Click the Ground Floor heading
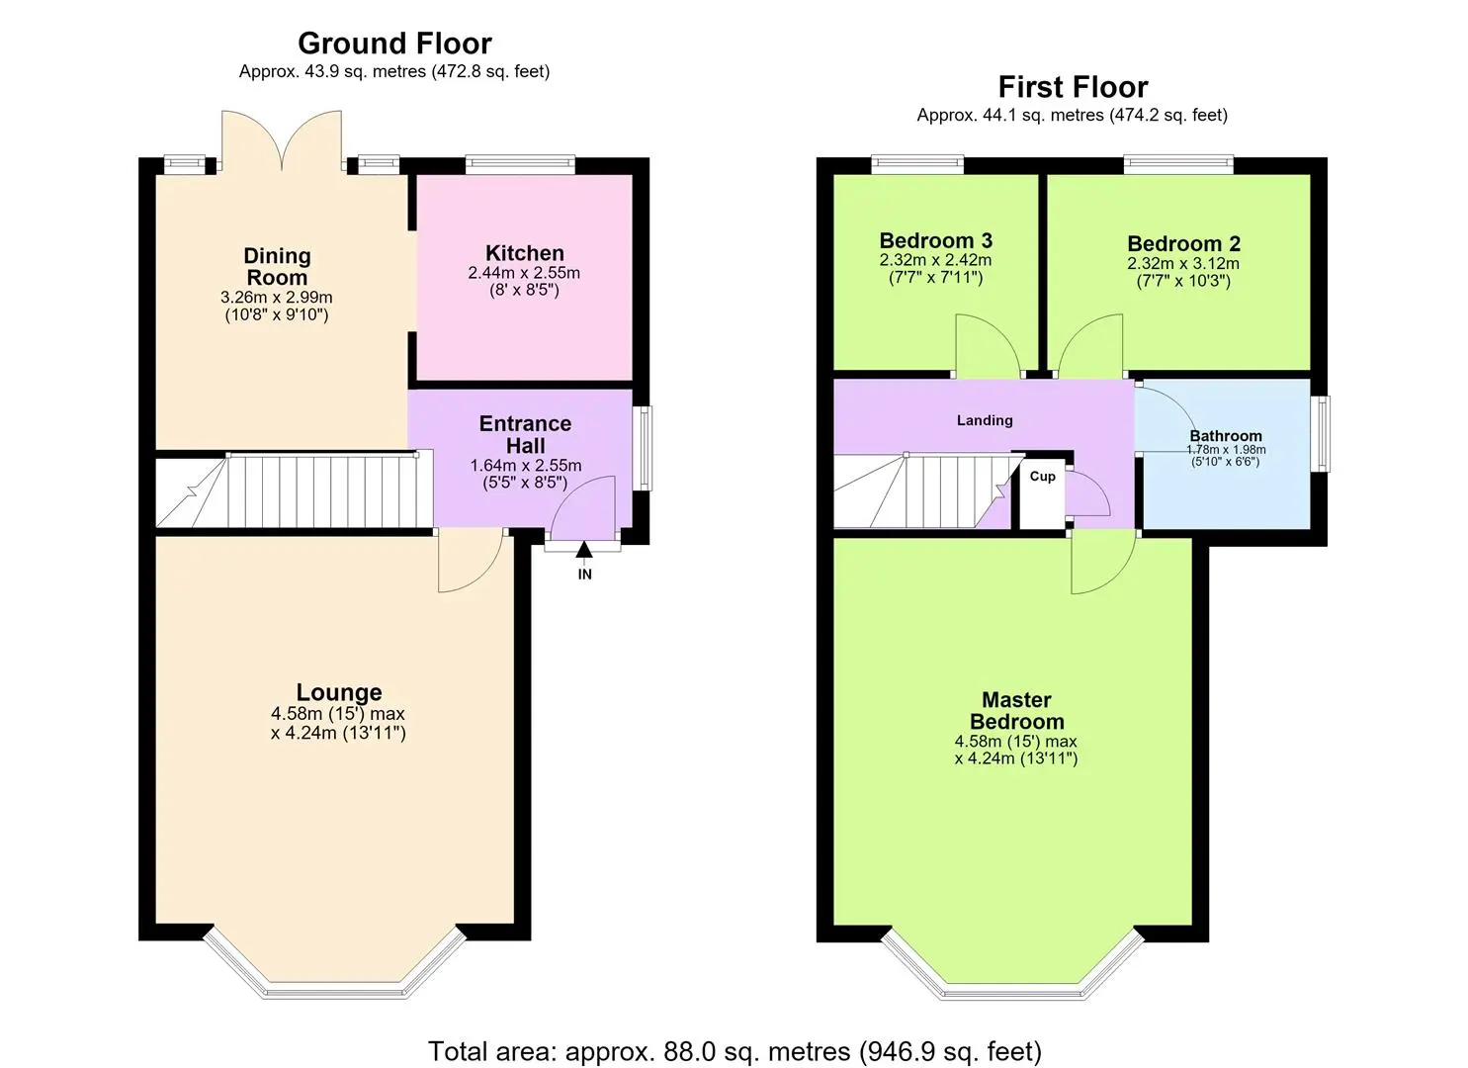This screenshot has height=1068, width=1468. (x=394, y=44)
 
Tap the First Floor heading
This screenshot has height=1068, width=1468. (x=1073, y=87)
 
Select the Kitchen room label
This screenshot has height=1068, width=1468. (x=524, y=253)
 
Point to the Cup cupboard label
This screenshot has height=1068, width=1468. (x=1042, y=477)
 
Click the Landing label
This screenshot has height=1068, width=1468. (x=985, y=420)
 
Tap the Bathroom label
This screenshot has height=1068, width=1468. (x=1226, y=436)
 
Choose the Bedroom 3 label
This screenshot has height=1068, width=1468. (x=936, y=240)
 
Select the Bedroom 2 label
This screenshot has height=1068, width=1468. (x=1183, y=244)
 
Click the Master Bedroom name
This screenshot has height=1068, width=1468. (x=1016, y=711)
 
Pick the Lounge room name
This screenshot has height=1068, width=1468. (x=339, y=692)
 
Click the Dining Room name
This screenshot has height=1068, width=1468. (x=277, y=266)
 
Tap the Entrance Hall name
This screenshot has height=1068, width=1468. (x=525, y=435)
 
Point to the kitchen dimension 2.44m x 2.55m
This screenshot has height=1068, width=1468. (x=524, y=273)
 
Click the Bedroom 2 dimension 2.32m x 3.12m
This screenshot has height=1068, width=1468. (x=1183, y=264)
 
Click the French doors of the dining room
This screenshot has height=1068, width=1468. (x=282, y=141)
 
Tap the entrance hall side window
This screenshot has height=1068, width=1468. (x=646, y=448)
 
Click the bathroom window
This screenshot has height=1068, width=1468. (x=1324, y=433)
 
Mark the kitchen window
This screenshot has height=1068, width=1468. (x=520, y=164)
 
